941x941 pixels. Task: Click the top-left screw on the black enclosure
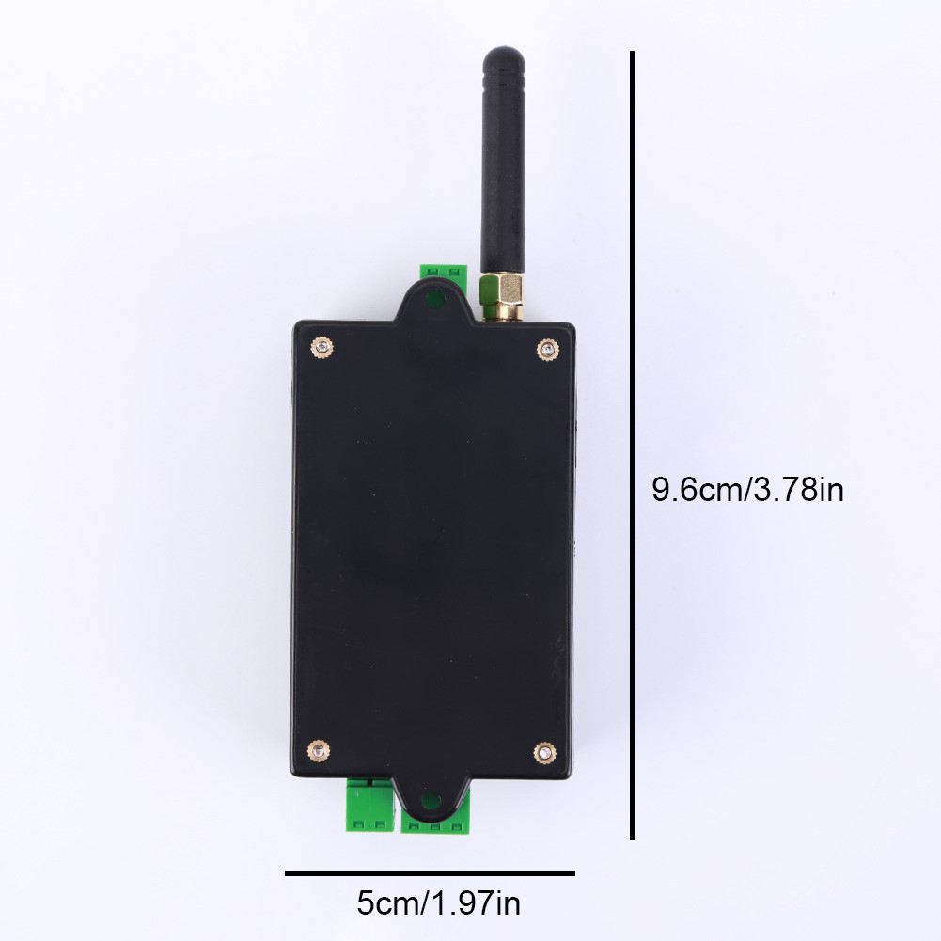[x=322, y=348]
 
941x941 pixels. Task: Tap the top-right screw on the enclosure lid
[x=546, y=350]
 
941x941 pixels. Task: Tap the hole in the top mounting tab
[x=433, y=301]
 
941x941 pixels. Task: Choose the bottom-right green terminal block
[x=434, y=823]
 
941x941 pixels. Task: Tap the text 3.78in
[x=800, y=490]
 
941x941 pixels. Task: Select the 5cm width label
[x=387, y=905]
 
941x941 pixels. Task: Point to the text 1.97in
[x=475, y=905]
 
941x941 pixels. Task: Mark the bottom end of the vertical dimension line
[x=633, y=838]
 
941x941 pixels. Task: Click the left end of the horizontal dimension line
[x=288, y=873]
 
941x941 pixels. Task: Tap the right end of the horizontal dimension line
[x=572, y=873]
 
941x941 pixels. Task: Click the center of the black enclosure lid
[x=433, y=550]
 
